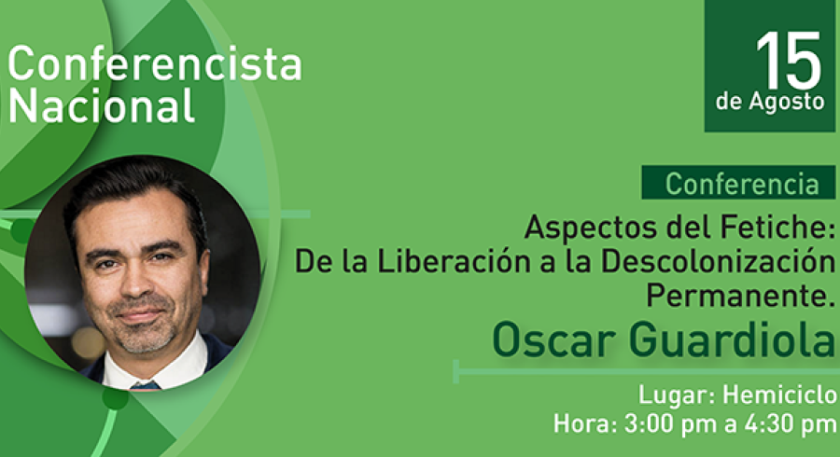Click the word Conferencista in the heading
point(155,63)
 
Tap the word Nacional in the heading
point(101,104)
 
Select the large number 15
point(788,60)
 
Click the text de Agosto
point(770,102)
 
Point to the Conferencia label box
point(738,183)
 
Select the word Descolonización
point(718,262)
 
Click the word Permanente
point(741,295)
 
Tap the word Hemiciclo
point(779,395)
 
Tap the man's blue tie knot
point(146,385)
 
